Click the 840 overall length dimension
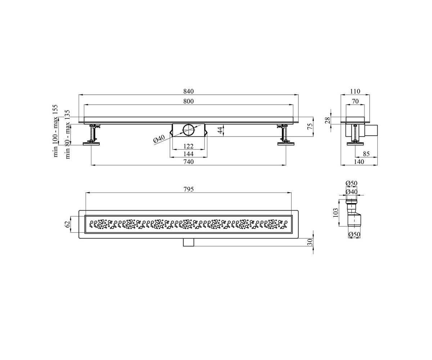(189, 91)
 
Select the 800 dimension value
(189, 102)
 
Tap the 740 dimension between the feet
(189, 162)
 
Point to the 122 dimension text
(189, 146)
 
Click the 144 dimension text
(189, 154)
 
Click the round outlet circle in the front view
(189, 130)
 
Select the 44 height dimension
(221, 130)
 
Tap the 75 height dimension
(310, 127)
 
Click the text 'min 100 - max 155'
(55, 131)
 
